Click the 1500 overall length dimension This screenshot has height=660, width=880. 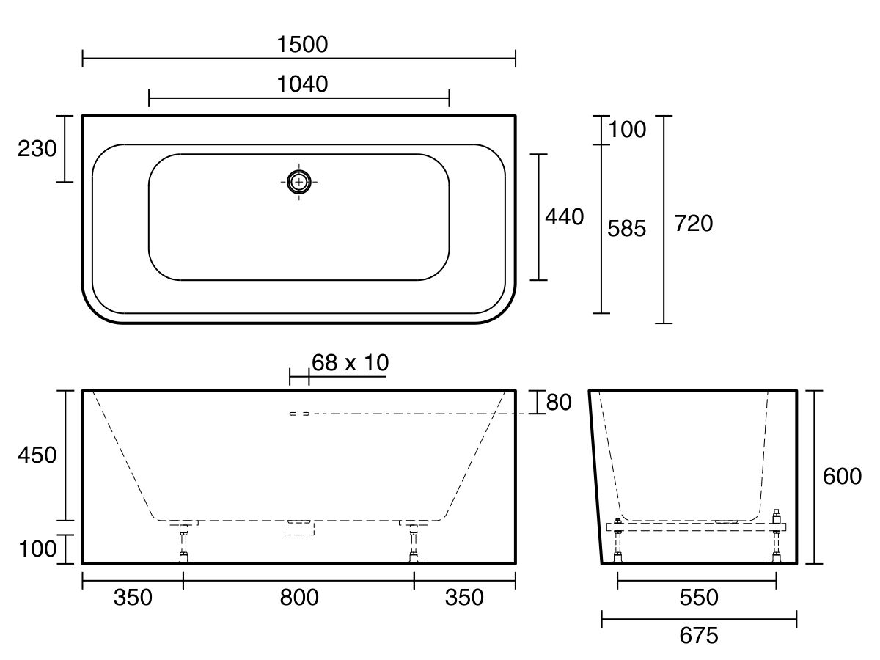[303, 45]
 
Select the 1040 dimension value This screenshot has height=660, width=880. [303, 84]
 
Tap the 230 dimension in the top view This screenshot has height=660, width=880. [37, 149]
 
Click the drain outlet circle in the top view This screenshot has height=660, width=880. [298, 181]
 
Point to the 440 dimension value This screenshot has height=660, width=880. [564, 217]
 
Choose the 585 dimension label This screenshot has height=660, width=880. [627, 230]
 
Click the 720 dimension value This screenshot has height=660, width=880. [693, 224]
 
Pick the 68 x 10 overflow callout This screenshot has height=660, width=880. [350, 362]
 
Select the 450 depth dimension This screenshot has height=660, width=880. [37, 455]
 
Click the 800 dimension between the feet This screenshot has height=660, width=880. [299, 598]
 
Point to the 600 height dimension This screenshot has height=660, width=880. [842, 477]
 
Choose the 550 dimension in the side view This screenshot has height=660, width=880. [698, 598]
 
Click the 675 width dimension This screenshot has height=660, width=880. [698, 636]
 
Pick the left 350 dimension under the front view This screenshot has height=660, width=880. [133, 598]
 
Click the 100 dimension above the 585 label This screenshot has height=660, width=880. [628, 130]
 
